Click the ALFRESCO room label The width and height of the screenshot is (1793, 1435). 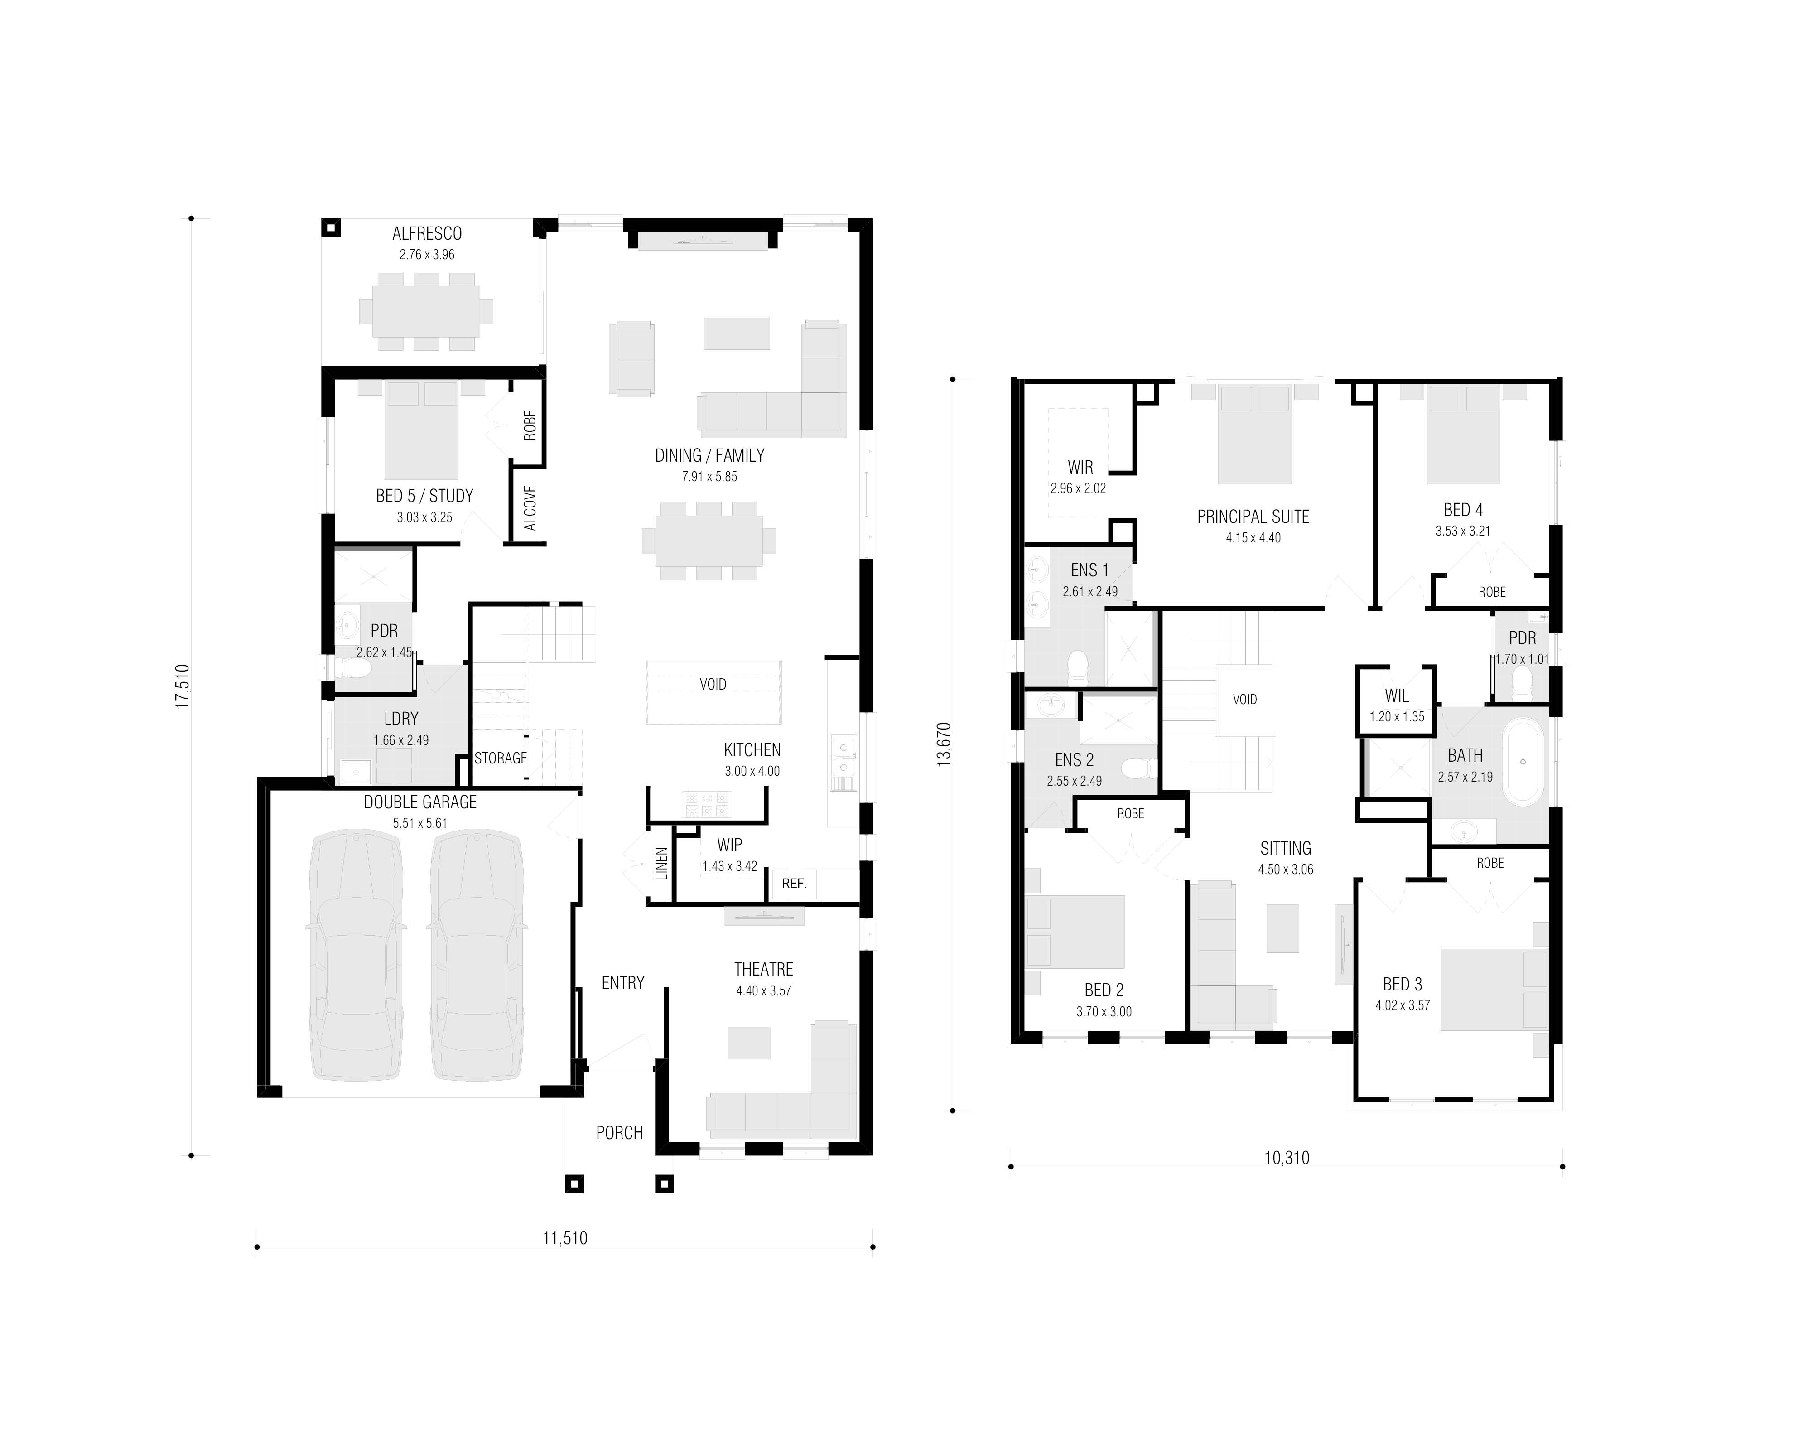(x=427, y=234)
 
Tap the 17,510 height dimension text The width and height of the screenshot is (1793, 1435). (x=182, y=686)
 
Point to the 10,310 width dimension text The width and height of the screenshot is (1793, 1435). (x=1287, y=1158)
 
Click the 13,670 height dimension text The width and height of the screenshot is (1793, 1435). (x=944, y=744)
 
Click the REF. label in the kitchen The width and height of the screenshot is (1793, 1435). (x=794, y=884)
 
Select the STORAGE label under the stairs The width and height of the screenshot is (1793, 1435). (x=501, y=758)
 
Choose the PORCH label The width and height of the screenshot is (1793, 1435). (x=620, y=1133)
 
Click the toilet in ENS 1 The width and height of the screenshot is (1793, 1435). (x=1078, y=667)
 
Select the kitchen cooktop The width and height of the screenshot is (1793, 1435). (x=707, y=804)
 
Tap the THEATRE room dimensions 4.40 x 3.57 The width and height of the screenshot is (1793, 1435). (x=763, y=991)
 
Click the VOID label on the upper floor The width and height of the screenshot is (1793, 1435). (x=1245, y=700)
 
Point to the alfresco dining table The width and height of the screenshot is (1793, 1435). (x=426, y=311)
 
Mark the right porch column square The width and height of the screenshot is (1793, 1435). (x=664, y=1184)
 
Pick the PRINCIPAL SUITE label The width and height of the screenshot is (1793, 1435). (x=1253, y=517)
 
